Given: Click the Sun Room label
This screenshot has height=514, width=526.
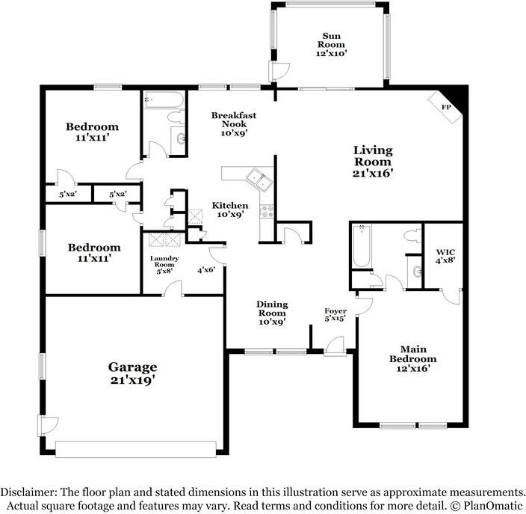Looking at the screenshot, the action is click(332, 40).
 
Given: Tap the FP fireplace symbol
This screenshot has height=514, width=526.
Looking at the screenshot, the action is click(445, 108).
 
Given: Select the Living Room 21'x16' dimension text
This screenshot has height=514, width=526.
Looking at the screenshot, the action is click(373, 173).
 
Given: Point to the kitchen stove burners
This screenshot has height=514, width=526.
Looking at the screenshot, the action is click(267, 211).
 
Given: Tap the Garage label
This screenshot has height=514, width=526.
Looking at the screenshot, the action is click(132, 367).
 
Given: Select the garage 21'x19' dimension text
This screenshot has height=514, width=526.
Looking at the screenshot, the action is click(132, 380).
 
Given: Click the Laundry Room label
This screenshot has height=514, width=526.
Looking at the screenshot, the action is click(164, 261).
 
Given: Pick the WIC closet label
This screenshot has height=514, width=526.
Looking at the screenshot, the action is click(445, 252).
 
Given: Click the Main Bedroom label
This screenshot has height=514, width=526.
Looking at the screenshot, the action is click(413, 354).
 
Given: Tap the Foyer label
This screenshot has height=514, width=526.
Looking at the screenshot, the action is click(335, 311).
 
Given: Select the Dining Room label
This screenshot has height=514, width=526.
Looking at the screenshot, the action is click(272, 308).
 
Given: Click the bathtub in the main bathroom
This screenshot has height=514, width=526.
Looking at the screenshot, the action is click(362, 245).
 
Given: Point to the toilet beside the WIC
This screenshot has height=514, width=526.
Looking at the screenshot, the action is click(412, 236).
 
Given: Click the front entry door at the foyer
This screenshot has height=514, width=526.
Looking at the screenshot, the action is click(335, 346).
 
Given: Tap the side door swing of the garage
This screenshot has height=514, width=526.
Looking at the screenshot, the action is click(49, 425).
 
